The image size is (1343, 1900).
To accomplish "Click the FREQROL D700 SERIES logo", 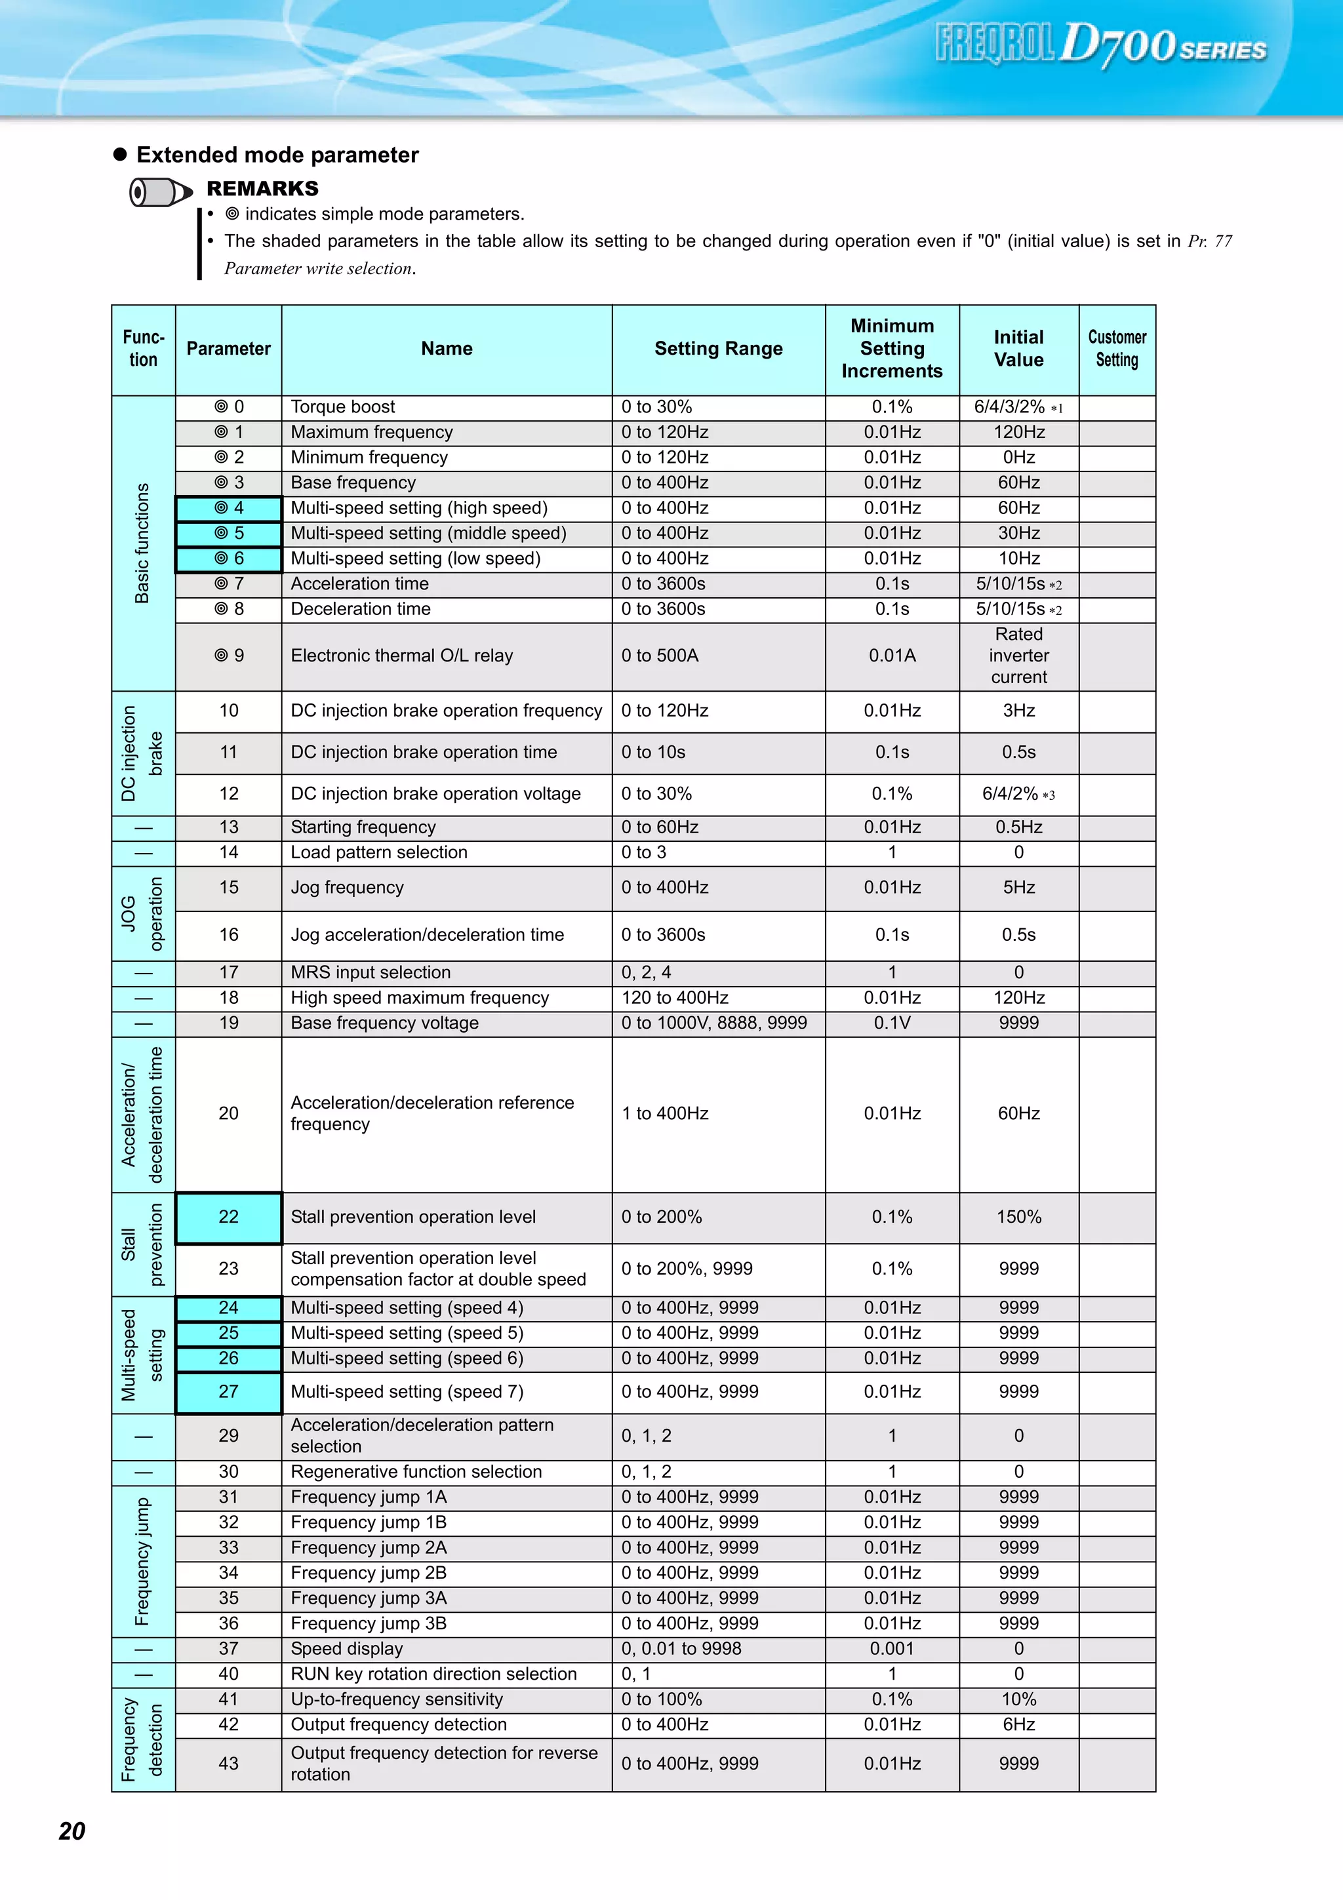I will [1100, 45].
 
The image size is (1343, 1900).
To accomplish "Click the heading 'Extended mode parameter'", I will [277, 155].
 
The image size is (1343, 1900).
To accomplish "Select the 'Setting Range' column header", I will [718, 348].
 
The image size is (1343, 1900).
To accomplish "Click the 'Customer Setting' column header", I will [1117, 348].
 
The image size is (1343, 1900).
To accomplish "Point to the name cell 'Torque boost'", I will [342, 407].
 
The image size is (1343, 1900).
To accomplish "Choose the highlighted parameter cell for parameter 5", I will [228, 533].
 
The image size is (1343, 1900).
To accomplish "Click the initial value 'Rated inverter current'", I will [1018, 656].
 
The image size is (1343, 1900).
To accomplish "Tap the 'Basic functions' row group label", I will [143, 543].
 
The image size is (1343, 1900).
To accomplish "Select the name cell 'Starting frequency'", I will [363, 827].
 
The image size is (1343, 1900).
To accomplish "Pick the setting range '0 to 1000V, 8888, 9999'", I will [714, 1023].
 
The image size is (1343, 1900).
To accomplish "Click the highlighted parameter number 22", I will [228, 1217].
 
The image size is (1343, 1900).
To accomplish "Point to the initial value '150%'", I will [1018, 1217].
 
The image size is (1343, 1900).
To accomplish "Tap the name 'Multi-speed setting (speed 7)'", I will [407, 1392].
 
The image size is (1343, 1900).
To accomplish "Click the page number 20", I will [72, 1831].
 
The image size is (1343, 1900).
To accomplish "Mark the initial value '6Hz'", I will [1018, 1724].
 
